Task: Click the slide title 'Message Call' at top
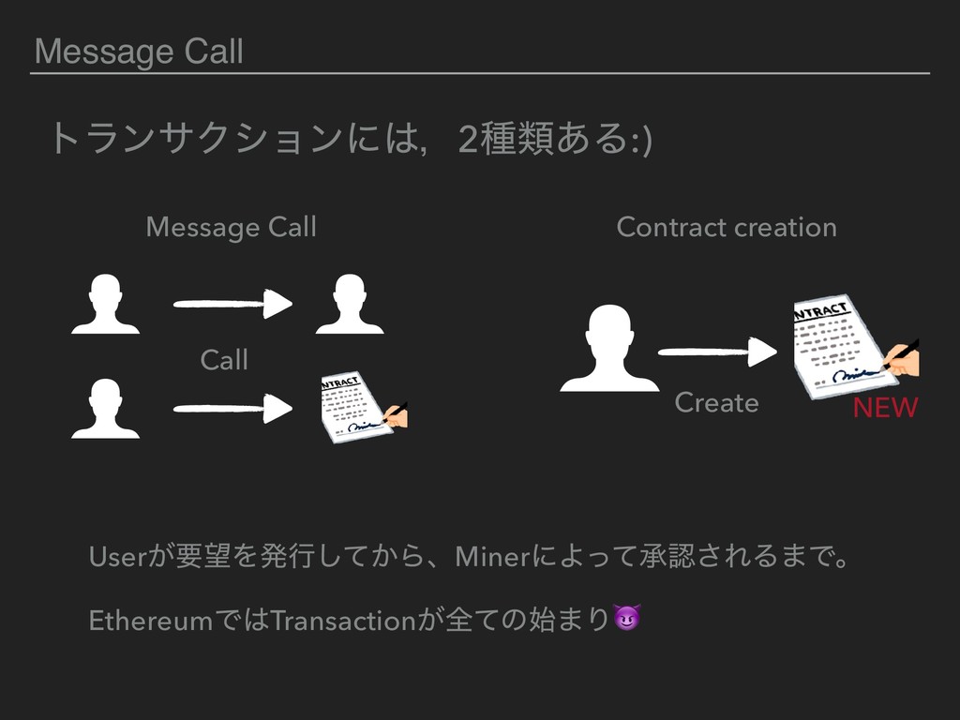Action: pyautogui.click(x=139, y=52)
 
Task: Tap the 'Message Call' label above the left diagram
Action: pyautogui.click(x=231, y=227)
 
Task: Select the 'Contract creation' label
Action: pyautogui.click(x=727, y=227)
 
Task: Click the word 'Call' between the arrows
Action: pyautogui.click(x=224, y=359)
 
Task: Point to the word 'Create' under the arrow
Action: pyautogui.click(x=716, y=403)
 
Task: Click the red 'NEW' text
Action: pyautogui.click(x=884, y=409)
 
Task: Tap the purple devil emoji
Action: pyautogui.click(x=626, y=619)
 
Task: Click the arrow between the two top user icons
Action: pyautogui.click(x=232, y=304)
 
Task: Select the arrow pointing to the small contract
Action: pyautogui.click(x=232, y=409)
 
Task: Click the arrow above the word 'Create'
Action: pyautogui.click(x=717, y=352)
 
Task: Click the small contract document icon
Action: pyautogui.click(x=361, y=409)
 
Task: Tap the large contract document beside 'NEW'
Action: pyautogui.click(x=848, y=345)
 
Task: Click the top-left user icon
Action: pyautogui.click(x=105, y=304)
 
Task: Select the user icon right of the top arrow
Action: pyautogui.click(x=350, y=304)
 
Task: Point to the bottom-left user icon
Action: pyautogui.click(x=105, y=409)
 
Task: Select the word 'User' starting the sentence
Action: pyautogui.click(x=111, y=560)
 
